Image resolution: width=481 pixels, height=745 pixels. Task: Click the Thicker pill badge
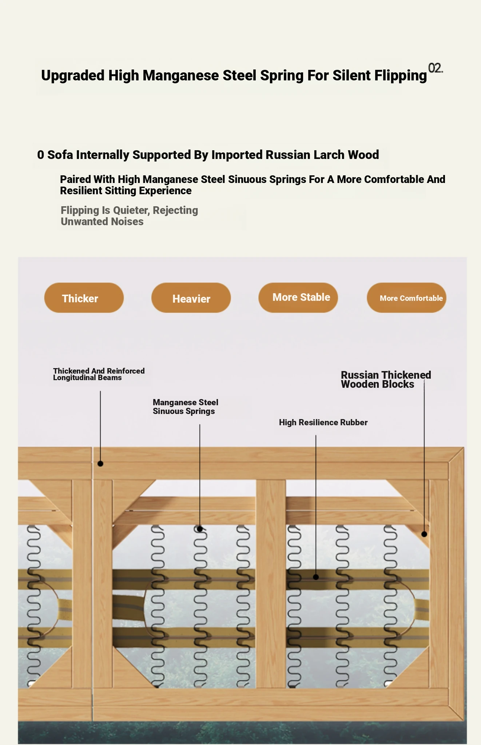(x=84, y=298)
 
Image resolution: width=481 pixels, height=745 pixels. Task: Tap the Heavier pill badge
(x=191, y=298)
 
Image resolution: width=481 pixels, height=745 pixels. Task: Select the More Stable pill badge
(x=298, y=298)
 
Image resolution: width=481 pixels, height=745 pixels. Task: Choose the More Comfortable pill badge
(x=406, y=298)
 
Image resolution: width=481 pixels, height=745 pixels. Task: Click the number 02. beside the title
(x=436, y=68)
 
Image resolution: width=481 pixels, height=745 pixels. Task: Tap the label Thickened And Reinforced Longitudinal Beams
(x=99, y=374)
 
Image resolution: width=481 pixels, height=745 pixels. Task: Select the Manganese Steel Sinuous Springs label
(x=185, y=407)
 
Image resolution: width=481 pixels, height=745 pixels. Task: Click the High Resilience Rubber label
(x=323, y=422)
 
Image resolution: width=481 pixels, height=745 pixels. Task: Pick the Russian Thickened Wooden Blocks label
(x=386, y=379)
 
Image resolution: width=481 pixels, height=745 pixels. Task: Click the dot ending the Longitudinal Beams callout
(x=100, y=464)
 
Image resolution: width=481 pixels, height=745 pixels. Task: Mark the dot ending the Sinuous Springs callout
(x=200, y=529)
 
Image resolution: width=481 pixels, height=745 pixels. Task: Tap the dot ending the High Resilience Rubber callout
(x=316, y=577)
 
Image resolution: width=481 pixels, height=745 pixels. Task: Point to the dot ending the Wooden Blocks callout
(x=424, y=534)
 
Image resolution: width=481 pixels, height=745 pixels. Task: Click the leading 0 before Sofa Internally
(x=40, y=155)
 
